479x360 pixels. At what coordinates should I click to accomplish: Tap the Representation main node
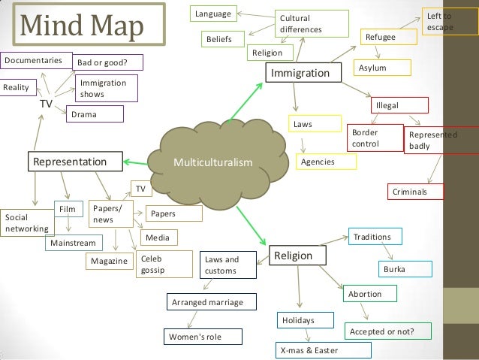click(76, 162)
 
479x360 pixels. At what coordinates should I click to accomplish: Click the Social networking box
click(26, 223)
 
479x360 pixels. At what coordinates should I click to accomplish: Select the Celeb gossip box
click(158, 265)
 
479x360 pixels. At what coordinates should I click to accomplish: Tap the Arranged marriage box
click(209, 303)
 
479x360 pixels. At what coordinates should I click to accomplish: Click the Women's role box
click(204, 335)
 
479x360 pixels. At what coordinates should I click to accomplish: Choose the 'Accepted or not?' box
click(389, 331)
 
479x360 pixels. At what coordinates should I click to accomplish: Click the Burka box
click(405, 268)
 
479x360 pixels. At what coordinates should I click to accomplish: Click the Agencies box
click(318, 162)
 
